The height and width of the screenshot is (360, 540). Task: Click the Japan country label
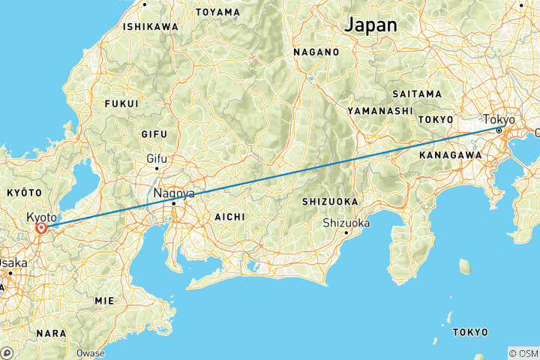click(x=370, y=24)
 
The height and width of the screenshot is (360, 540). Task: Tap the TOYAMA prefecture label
click(x=217, y=12)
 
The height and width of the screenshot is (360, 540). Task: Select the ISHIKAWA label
click(x=151, y=26)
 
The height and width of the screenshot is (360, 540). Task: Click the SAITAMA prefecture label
click(x=416, y=94)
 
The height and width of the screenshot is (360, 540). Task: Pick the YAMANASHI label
click(x=379, y=110)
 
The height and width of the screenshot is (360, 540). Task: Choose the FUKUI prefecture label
click(x=122, y=103)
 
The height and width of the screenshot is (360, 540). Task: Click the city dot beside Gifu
click(x=156, y=168)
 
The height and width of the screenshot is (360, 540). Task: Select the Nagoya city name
click(x=174, y=193)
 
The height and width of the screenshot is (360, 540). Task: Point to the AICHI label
click(x=229, y=216)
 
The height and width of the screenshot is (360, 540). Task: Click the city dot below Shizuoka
click(x=344, y=232)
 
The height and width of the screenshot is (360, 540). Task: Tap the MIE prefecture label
click(x=103, y=300)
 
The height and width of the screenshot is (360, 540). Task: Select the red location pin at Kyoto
click(x=41, y=227)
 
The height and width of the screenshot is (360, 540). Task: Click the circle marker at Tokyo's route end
click(x=499, y=130)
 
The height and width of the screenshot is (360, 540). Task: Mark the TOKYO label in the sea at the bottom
click(x=470, y=331)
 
